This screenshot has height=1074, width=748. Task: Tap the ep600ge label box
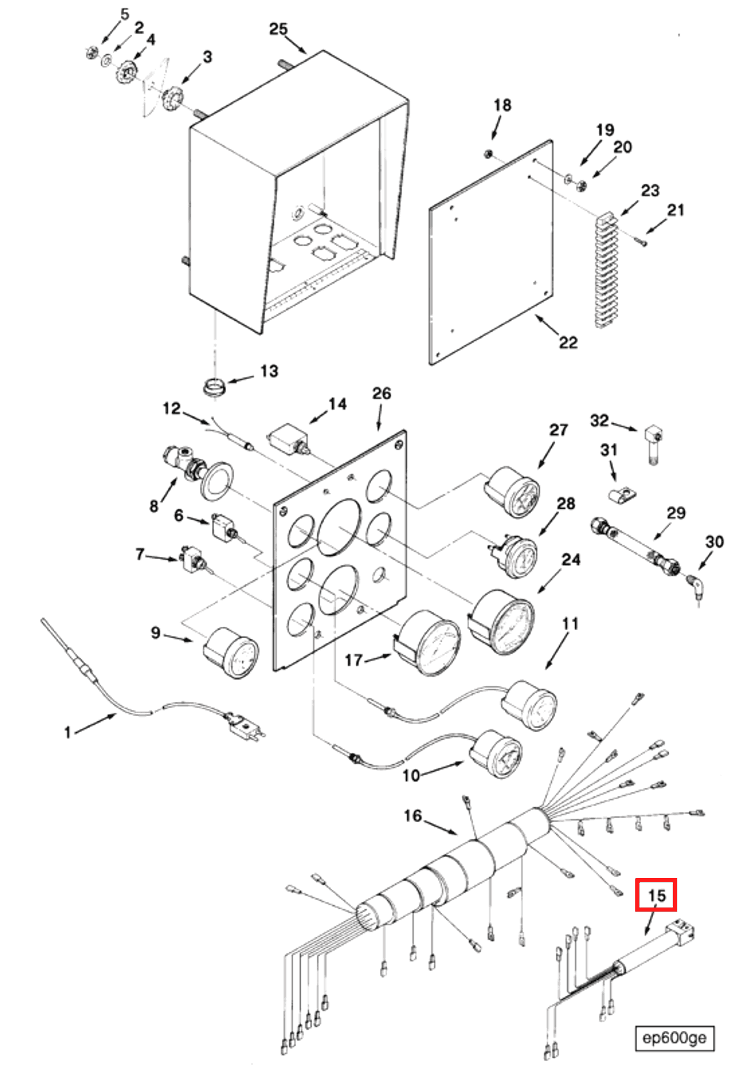(x=674, y=1038)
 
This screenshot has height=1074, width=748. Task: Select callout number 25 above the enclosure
(x=278, y=29)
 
